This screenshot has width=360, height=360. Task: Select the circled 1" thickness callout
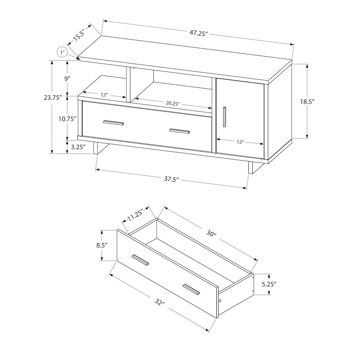pyautogui.click(x=62, y=53)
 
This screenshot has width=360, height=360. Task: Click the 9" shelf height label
pyautogui.click(x=67, y=79)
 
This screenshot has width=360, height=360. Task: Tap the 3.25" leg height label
pyautogui.click(x=78, y=147)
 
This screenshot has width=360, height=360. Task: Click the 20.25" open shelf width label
pyautogui.click(x=172, y=103)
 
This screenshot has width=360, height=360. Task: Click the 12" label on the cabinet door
pyautogui.click(x=240, y=142)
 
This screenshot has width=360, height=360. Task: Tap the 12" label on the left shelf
pyautogui.click(x=104, y=95)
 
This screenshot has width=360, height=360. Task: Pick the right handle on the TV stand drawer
pyautogui.click(x=180, y=131)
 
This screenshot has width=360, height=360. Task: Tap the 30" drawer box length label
pyautogui.click(x=211, y=234)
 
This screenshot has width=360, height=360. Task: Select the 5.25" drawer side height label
pyautogui.click(x=269, y=284)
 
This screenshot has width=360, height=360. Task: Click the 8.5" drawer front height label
pyautogui.click(x=102, y=246)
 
